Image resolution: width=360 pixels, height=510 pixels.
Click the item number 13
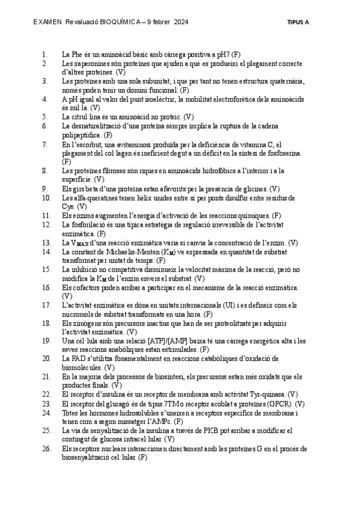coord(46,242)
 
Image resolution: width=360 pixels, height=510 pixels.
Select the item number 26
coord(46,449)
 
